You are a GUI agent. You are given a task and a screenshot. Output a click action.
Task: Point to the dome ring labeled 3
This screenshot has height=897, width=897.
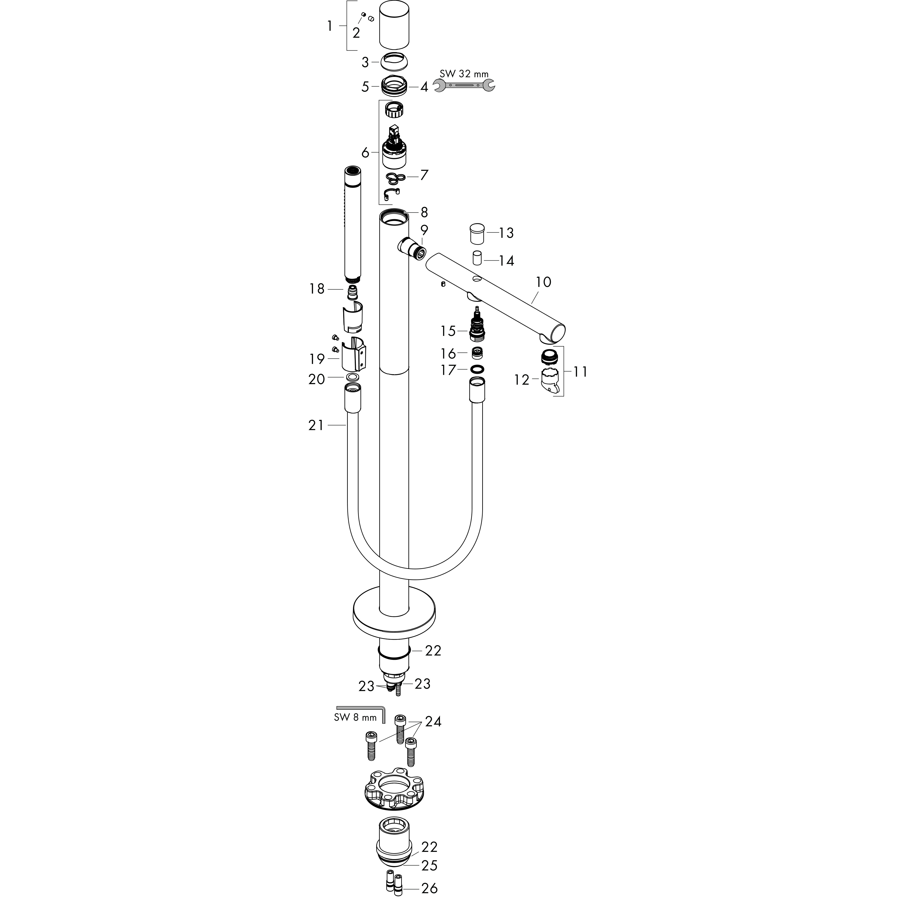coord(394,62)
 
